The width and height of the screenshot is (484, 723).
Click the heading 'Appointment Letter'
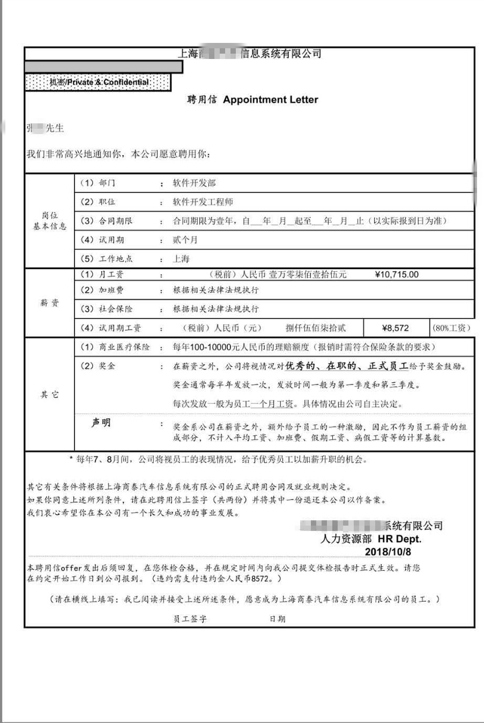pyautogui.click(x=270, y=100)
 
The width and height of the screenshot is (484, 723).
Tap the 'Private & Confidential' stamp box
pyautogui.click(x=98, y=82)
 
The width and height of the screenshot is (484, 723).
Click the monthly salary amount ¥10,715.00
pyautogui.click(x=397, y=275)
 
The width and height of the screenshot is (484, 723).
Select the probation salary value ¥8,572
pyautogui.click(x=396, y=328)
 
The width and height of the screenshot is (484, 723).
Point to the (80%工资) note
pyautogui.click(x=451, y=328)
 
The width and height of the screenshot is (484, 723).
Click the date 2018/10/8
pyautogui.click(x=388, y=551)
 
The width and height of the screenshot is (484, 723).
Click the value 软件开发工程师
pyautogui.click(x=203, y=202)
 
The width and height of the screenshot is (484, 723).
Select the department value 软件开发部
pyautogui.click(x=194, y=183)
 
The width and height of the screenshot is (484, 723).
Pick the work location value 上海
pyautogui.click(x=181, y=259)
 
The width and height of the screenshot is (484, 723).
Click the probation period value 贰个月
pyautogui.click(x=185, y=240)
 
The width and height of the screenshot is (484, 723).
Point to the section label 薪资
pyautogui.click(x=49, y=303)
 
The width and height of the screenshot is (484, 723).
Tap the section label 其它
pyautogui.click(x=49, y=395)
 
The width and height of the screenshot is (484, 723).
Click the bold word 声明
pyautogui.click(x=100, y=423)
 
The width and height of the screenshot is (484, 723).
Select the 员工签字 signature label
pyautogui.click(x=190, y=618)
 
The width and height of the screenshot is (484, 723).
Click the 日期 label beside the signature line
pyautogui.click(x=277, y=618)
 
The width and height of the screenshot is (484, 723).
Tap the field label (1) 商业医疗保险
pyautogui.click(x=115, y=347)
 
